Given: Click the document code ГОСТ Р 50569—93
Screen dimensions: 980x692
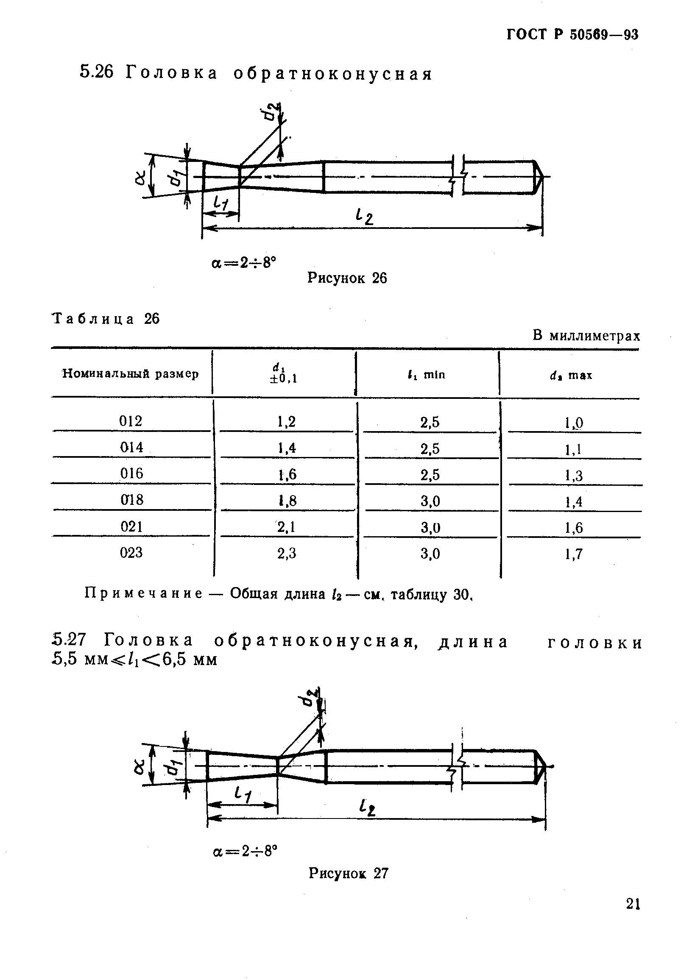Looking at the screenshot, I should tap(572, 35).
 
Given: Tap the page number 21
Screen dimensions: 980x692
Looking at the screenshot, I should tap(633, 904).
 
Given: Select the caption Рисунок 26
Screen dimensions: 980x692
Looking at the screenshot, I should tap(347, 278).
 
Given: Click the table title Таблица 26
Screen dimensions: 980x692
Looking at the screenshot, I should tap(106, 319).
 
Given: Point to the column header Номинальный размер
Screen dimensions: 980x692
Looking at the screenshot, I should tap(131, 374).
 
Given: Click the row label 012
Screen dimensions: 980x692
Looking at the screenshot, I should tap(131, 421).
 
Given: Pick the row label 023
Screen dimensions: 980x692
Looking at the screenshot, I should tap(131, 553).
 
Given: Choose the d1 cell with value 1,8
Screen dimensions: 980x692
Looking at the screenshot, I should tap(287, 501).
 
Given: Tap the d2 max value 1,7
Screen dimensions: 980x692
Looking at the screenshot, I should tap(574, 554).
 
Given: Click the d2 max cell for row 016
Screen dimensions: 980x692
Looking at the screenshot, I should tap(574, 476).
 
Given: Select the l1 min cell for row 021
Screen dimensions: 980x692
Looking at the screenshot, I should tap(430, 528).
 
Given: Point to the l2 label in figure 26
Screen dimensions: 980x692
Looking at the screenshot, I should tap(364, 218).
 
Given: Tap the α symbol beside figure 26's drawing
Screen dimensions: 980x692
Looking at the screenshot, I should tap(141, 177).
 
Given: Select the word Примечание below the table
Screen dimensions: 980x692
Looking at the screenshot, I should tap(144, 594).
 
